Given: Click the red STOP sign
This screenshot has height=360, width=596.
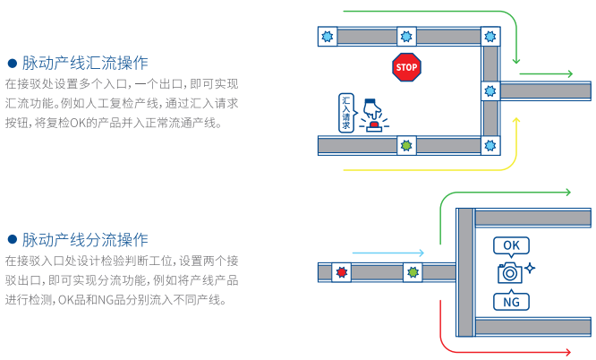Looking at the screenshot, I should tap(406, 67).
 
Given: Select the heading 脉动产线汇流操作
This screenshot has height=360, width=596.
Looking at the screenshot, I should tap(85, 64).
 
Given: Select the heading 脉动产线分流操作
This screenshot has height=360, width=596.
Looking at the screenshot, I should tap(85, 240).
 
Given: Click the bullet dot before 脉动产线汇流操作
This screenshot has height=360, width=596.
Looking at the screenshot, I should tap(13, 64).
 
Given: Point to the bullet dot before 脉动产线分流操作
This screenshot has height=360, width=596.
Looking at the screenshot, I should tap(13, 240).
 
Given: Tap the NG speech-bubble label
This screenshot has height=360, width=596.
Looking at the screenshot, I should tap(510, 301).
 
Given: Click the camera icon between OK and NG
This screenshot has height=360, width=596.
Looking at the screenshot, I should tap(509, 273).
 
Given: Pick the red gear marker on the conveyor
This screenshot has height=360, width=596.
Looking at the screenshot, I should tap(340, 271).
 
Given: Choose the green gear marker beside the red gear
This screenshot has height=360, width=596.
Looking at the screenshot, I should tap(412, 271).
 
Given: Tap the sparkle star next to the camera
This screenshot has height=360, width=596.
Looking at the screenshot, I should tap(530, 268).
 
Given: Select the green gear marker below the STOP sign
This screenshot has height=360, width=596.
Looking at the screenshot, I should tap(407, 144).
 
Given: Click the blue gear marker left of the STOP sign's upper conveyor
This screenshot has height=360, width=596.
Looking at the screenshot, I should tap(328, 37).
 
